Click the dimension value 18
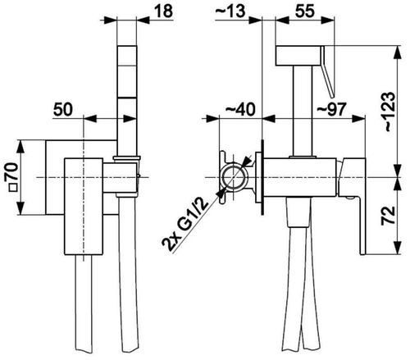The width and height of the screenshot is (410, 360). [163, 11]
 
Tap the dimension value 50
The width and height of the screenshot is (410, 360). [63, 109]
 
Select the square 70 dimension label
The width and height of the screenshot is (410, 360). [14, 177]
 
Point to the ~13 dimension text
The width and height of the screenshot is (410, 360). [230, 11]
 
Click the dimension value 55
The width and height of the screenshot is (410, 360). [305, 11]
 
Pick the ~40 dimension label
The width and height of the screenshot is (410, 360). [240, 109]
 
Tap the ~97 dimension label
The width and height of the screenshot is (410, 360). [331, 109]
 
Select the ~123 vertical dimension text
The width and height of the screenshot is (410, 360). [389, 112]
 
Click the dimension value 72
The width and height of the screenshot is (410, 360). [389, 215]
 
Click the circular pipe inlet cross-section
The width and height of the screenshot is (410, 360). [233, 177]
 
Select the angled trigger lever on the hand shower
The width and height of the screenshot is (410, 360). [328, 71]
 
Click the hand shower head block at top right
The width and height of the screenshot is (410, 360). [298, 56]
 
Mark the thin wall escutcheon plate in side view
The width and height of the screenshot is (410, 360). [262, 177]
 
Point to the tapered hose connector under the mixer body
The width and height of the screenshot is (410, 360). [298, 212]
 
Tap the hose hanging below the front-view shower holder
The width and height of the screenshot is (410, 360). [128, 273]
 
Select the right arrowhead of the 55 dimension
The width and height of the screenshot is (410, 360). [327, 20]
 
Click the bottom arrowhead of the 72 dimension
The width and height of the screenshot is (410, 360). [398, 248]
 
